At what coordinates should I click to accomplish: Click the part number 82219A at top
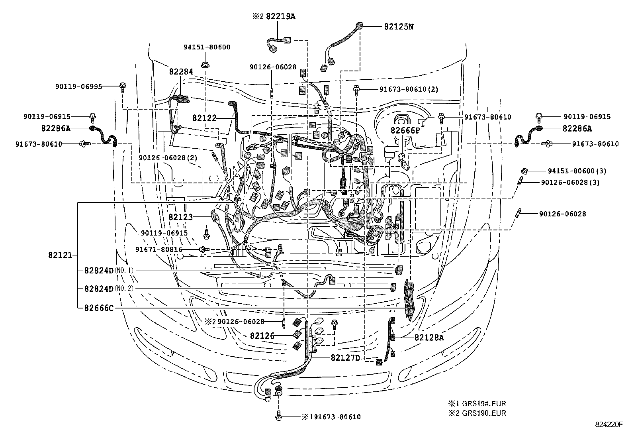click(292, 16)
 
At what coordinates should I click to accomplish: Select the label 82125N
click(399, 27)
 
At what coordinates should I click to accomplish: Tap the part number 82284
click(181, 72)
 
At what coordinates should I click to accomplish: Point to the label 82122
click(204, 118)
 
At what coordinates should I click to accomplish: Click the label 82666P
click(405, 131)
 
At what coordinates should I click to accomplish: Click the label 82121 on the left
click(60, 255)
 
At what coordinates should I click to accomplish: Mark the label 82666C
click(99, 308)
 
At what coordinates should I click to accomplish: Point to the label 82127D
click(345, 357)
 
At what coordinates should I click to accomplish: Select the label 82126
click(262, 336)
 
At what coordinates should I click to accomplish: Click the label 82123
click(180, 217)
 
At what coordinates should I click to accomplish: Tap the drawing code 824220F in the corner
click(609, 425)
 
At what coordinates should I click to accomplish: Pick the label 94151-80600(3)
click(576, 171)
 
